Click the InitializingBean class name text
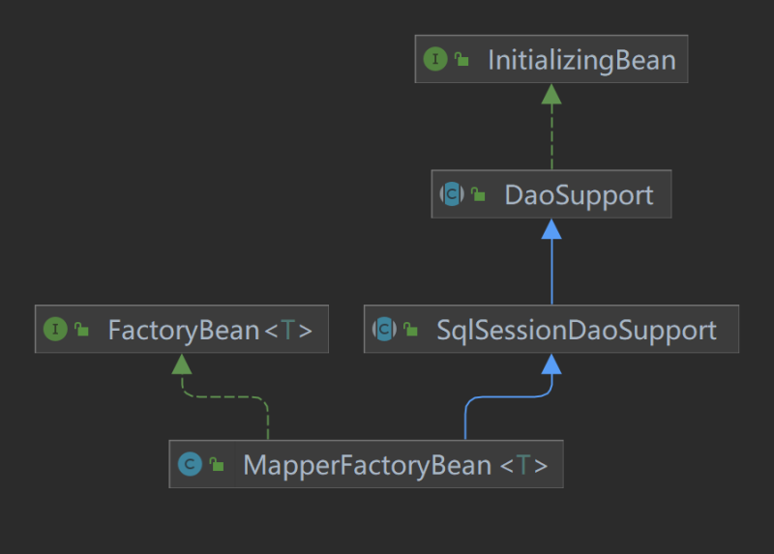point(580,60)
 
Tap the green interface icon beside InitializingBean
point(435,60)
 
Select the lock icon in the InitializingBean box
point(462,60)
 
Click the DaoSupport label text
point(579,194)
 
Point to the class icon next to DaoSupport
point(452,194)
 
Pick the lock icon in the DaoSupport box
point(478,194)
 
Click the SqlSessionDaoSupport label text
point(577,330)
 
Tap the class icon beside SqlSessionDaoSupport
point(384,330)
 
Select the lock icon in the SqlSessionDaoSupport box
point(411,330)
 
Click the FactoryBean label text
point(183,330)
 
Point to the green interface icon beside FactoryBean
point(55,330)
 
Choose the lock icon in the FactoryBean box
point(82,330)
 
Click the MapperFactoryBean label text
point(367,465)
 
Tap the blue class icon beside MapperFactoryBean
point(189,465)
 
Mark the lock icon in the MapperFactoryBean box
point(217,465)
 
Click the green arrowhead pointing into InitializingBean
point(551,94)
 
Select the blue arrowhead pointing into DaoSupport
point(551,229)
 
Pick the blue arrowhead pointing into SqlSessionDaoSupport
point(551,364)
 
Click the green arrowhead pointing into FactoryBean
point(182,364)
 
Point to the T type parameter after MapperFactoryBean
point(523,465)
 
